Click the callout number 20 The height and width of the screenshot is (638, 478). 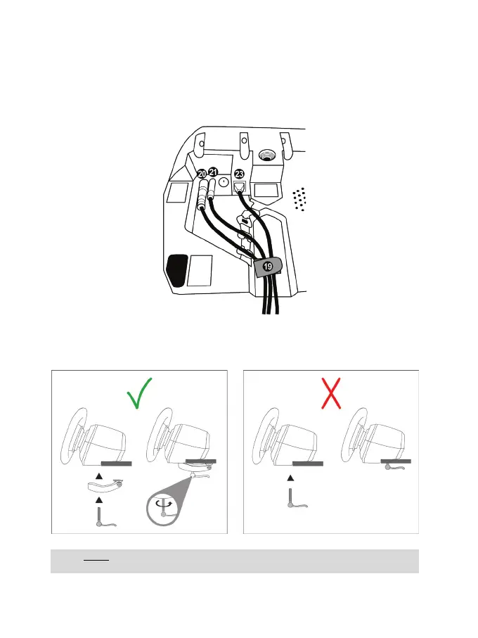202,173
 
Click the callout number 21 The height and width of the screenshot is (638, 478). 213,172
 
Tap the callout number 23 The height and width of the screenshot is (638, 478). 240,174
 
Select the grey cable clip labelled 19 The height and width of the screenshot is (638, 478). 267,267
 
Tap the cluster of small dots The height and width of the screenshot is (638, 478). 301,199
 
